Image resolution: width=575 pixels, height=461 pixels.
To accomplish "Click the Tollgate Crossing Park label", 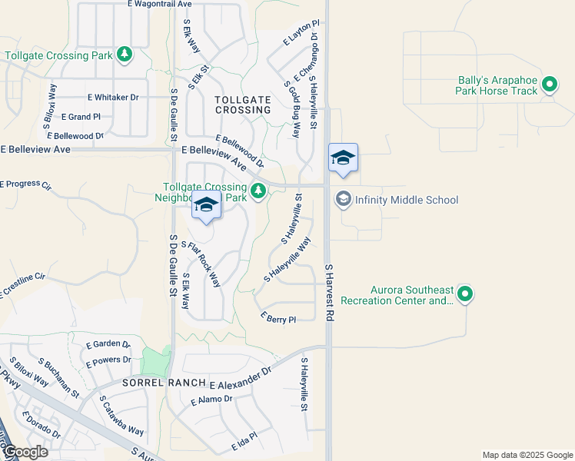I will [58, 55].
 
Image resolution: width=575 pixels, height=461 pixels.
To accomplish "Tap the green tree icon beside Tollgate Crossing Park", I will [124, 55].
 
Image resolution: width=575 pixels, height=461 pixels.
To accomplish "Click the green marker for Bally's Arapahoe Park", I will [550, 85].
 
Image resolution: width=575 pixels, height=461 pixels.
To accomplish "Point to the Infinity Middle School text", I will [407, 201].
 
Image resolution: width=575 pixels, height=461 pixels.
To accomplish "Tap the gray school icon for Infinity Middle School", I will [343, 199].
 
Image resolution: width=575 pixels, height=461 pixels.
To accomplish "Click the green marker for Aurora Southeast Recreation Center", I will [464, 294].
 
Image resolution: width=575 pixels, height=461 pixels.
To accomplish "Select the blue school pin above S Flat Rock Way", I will [205, 206].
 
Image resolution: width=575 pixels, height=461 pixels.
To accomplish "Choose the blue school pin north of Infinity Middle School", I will [343, 158].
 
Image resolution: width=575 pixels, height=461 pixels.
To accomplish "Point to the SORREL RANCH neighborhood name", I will [162, 383].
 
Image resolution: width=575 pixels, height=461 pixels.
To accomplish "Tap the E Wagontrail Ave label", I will [160, 5].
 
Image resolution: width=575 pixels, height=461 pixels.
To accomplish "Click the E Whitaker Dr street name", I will [112, 98].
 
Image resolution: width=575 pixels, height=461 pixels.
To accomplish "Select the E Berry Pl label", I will [278, 318].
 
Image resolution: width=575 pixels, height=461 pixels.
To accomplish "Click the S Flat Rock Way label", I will [201, 264].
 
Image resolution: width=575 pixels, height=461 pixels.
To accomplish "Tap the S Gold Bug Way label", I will [291, 109].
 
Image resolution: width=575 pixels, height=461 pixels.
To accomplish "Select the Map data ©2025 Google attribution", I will [527, 455].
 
